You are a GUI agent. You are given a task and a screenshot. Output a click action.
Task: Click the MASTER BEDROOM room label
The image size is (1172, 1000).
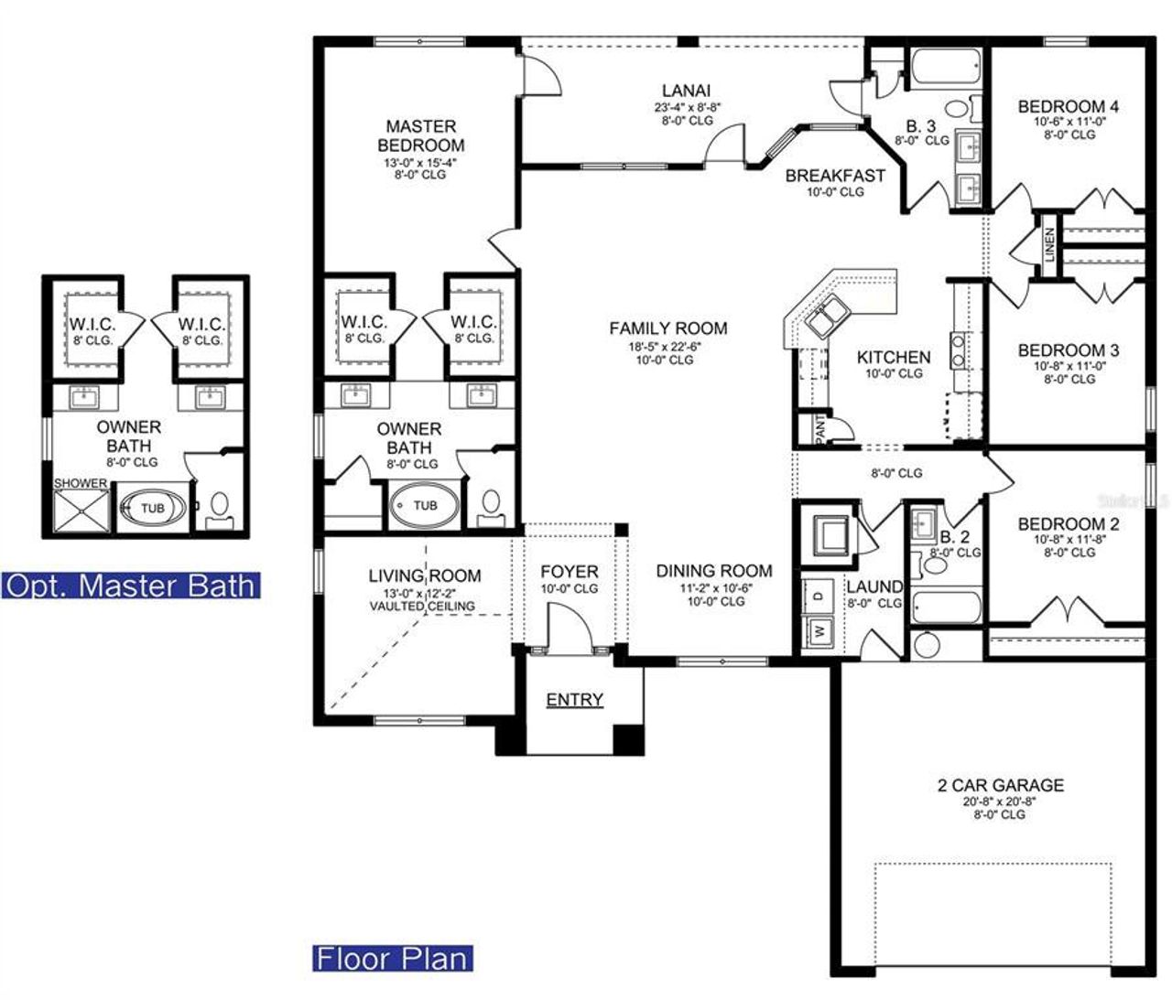pos(420,135)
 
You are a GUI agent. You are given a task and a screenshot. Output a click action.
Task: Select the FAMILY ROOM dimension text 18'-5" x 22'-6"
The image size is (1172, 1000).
pos(668,346)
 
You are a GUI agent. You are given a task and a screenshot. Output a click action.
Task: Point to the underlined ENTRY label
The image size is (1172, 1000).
pos(574,700)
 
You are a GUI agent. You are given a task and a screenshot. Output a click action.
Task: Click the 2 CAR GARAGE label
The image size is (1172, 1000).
pos(1000,785)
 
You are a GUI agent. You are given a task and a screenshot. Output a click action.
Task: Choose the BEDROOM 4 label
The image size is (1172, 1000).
pos(1068,106)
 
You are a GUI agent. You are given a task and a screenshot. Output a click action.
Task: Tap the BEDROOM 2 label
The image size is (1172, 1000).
pos(1068,524)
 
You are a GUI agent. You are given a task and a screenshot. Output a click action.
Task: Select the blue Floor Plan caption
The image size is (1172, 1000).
pos(393,958)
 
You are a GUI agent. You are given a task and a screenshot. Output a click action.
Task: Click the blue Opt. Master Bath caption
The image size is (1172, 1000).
pos(131,585)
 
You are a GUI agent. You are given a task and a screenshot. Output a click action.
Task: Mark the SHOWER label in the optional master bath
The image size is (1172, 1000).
pos(81,483)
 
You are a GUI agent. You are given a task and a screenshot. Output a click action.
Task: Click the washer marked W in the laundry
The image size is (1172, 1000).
pos(818,630)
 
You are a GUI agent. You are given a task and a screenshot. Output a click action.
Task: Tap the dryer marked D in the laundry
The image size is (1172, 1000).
pos(818,595)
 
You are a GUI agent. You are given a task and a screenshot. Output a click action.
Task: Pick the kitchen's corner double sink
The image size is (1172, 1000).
pos(826,316)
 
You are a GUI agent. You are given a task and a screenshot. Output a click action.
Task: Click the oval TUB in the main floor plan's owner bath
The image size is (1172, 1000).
pos(425,505)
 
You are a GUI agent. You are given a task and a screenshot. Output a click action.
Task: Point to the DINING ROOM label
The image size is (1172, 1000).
pos(713,571)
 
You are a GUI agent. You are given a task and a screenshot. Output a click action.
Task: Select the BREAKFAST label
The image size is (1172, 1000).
pos(835,176)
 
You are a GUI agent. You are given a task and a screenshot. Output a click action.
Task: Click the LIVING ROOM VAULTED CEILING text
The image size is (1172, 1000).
pos(422,606)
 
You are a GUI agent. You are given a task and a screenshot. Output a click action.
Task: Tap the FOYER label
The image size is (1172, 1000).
pos(569,572)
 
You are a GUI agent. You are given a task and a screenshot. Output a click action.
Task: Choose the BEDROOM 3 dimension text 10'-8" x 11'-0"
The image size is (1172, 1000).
pos(1068,365)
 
